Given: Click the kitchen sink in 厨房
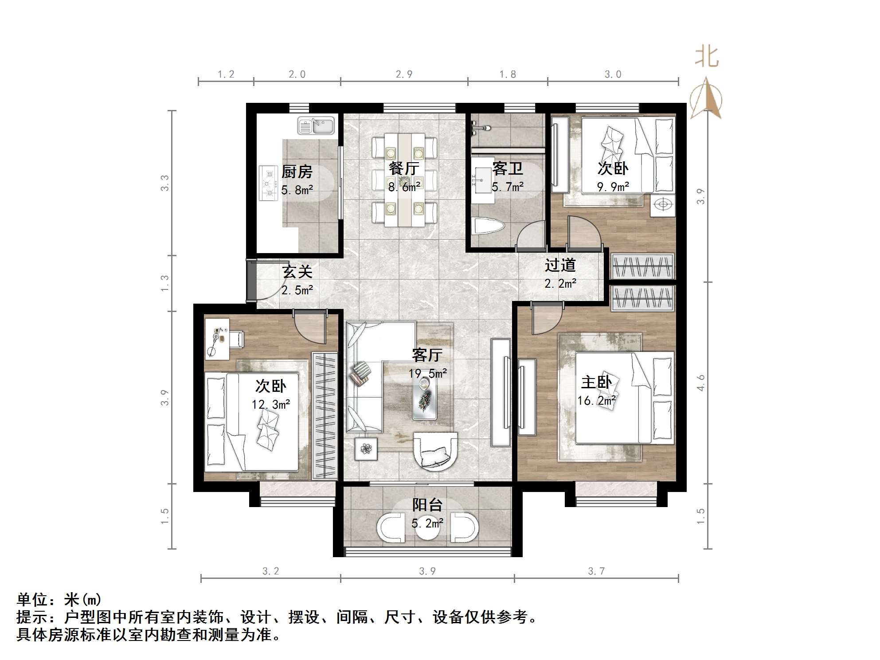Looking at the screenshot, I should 316,125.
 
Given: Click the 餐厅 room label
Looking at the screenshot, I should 403,169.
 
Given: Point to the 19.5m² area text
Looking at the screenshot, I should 427,374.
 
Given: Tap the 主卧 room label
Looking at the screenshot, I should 596,382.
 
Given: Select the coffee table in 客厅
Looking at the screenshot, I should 425,399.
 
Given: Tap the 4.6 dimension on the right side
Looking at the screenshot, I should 700,383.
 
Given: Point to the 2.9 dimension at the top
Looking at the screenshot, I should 404,74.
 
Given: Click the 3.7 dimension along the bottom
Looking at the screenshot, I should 596,571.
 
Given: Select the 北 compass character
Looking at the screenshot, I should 707,58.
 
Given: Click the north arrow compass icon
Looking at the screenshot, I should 706,99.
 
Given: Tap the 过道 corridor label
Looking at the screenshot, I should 560,265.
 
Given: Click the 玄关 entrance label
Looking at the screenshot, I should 297,271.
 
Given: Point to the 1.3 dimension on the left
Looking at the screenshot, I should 165,283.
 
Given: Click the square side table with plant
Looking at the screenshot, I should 366,449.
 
